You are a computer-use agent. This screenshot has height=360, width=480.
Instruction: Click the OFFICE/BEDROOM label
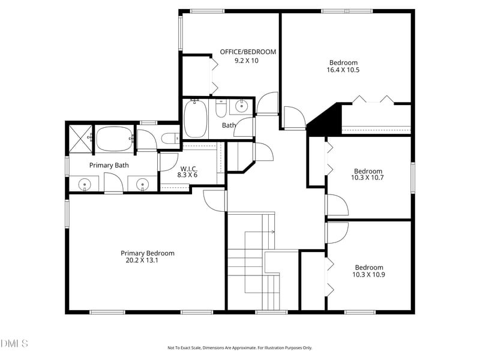[x=248, y=52]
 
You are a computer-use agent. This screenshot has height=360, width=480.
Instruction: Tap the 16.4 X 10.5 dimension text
[x=343, y=70]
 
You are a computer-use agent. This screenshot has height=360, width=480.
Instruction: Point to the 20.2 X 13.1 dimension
[x=142, y=260]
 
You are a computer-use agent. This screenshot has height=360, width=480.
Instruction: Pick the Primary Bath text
[x=109, y=165]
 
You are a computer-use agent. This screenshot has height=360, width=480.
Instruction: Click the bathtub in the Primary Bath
[x=114, y=139]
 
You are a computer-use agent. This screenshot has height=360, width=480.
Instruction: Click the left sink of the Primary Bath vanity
[x=85, y=184]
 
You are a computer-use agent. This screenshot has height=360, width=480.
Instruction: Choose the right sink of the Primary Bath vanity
[x=142, y=184]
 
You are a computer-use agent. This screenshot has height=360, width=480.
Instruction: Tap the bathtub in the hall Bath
[x=196, y=118]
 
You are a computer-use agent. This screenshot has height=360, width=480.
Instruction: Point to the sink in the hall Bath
[x=241, y=107]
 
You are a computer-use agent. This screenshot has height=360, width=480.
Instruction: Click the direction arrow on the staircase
[x=272, y=231]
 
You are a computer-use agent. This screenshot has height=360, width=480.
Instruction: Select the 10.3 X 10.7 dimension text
[x=368, y=178]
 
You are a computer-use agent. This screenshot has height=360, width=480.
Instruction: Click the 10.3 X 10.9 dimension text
[x=368, y=275]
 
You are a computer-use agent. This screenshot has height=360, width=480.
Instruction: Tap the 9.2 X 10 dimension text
[x=246, y=61]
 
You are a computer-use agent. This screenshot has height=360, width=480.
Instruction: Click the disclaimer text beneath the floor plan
[x=239, y=347]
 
